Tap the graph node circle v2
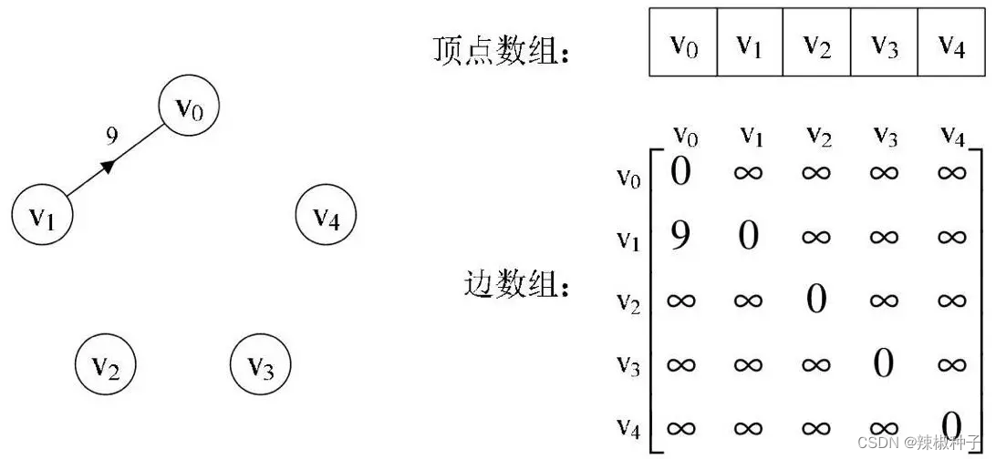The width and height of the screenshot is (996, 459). point(105,367)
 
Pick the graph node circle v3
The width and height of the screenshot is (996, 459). point(261,367)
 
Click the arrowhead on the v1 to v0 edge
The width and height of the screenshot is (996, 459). point(109,166)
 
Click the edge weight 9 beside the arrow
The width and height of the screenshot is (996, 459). point(111,137)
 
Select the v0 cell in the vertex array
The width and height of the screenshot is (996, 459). point(683,43)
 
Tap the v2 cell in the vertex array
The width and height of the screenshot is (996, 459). point(817,43)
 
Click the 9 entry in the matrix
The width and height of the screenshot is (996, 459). point(680,237)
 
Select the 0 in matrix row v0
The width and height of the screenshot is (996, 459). point(680,170)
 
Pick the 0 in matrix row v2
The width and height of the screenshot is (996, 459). point(816,300)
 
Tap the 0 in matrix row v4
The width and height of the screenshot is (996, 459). point(951,424)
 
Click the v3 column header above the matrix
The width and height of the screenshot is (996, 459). point(883,135)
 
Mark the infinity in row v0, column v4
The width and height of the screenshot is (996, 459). point(950,171)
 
